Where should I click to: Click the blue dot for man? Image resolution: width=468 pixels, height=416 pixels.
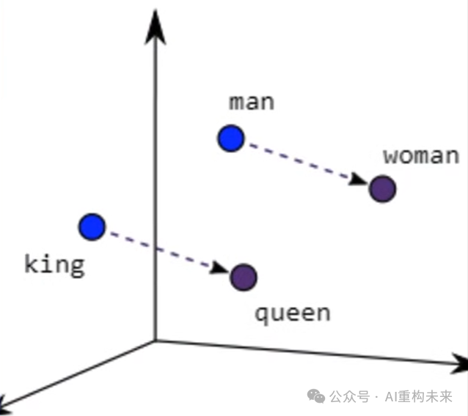coord(230,138)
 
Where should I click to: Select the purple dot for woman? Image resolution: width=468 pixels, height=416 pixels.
coord(382,189)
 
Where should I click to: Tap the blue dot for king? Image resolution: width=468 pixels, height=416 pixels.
coord(92,227)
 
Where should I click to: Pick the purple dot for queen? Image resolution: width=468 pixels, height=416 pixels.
coord(244,277)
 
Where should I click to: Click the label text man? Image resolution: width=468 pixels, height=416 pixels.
coord(252,102)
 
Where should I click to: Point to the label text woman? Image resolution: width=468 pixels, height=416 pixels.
coord(421,155)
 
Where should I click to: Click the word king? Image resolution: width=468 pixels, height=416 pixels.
coord(54,264)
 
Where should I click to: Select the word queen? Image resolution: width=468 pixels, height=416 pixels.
coord(292,313)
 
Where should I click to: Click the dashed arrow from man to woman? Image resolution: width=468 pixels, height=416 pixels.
coord(304,163)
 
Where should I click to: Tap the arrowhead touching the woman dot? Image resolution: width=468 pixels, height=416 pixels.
coord(359,180)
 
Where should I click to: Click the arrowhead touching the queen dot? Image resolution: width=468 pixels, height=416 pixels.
coord(221,269)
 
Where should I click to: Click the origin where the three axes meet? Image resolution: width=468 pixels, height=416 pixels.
coord(155,341)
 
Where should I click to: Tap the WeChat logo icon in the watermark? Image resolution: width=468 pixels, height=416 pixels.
coord(316,396)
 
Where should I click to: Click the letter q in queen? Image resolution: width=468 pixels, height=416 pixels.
coord(261,315)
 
